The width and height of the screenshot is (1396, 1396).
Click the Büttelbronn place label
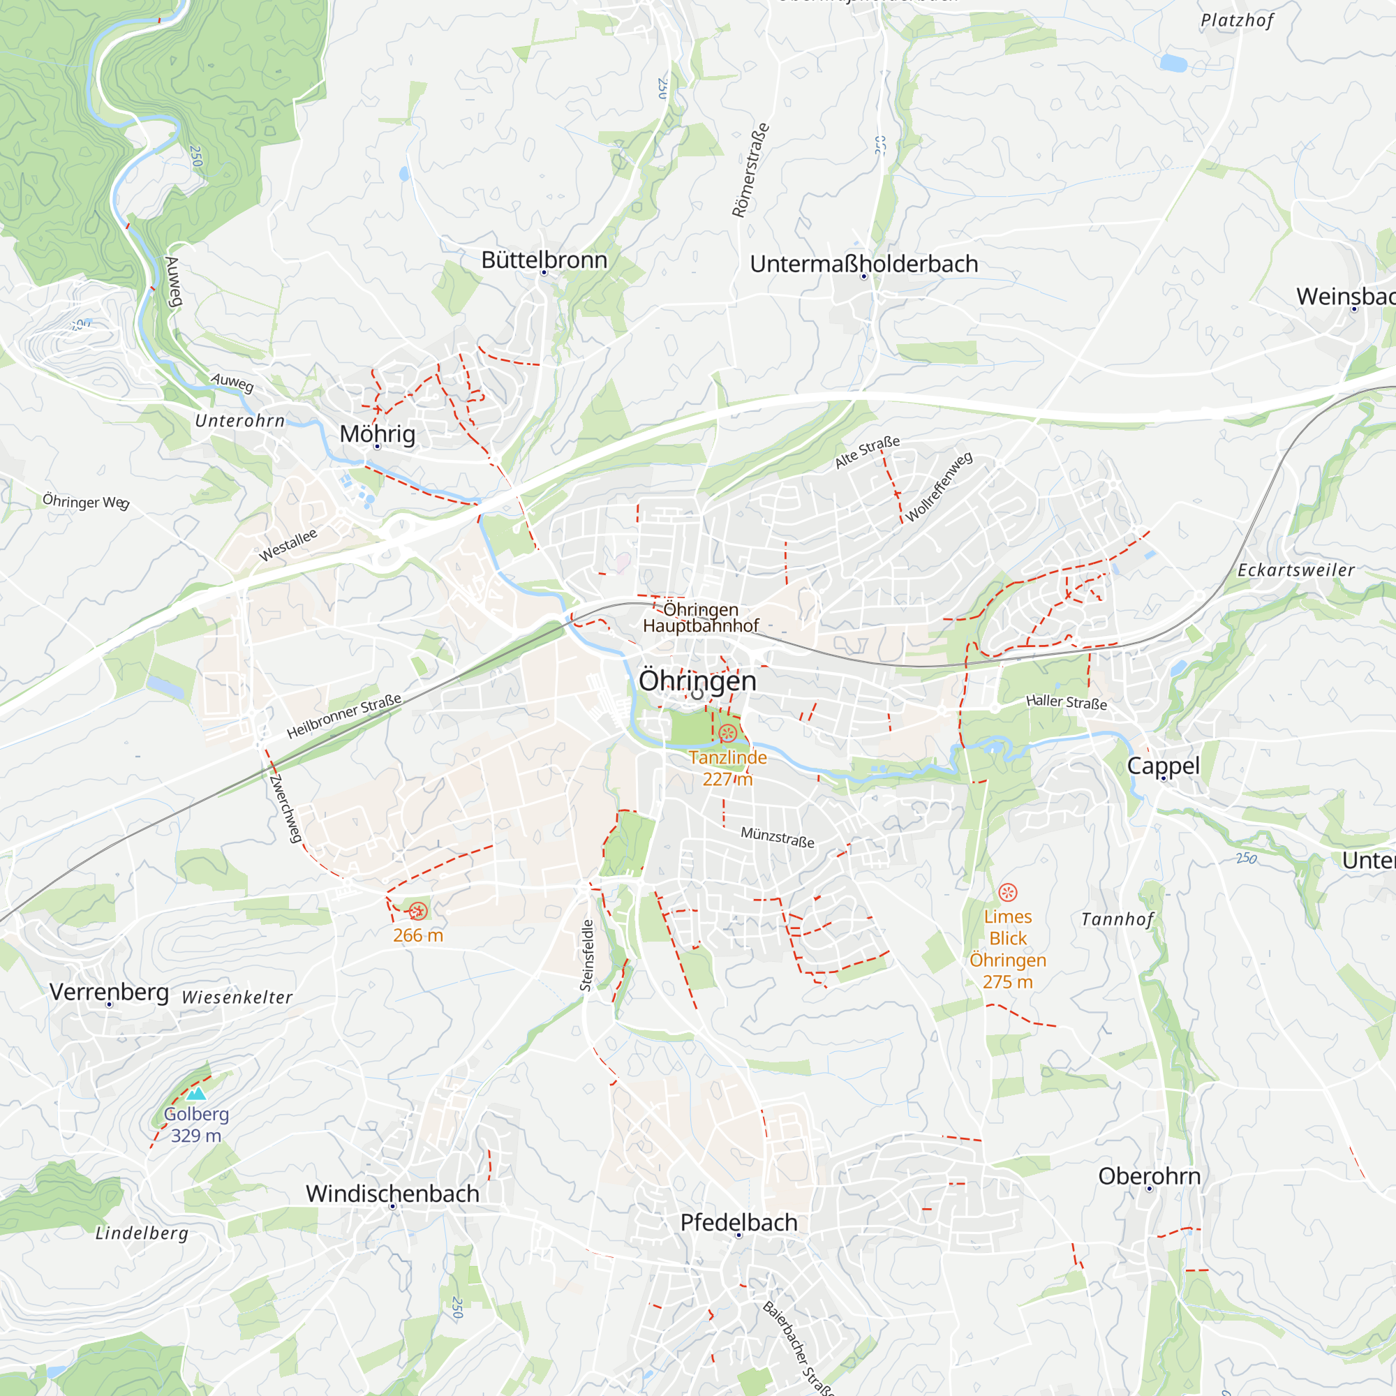tap(544, 260)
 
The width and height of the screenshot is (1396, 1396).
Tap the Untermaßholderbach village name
tap(863, 264)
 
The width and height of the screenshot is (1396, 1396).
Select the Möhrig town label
tap(377, 433)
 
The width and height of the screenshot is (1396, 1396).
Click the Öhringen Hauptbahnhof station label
tap(700, 617)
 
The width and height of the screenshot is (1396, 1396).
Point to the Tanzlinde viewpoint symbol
tap(727, 734)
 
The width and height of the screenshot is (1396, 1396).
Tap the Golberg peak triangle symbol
tap(196, 1094)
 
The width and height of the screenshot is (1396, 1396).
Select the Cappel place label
tap(1163, 765)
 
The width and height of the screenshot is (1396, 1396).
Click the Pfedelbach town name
tap(738, 1222)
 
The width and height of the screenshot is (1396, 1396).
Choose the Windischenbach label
tap(392, 1193)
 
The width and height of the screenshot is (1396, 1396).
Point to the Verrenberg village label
tap(109, 991)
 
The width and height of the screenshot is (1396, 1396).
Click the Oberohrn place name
tap(1149, 1175)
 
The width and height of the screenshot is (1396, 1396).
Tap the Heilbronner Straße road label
tap(344, 716)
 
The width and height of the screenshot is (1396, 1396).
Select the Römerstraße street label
tap(750, 170)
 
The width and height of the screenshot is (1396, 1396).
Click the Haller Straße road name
tap(1066, 701)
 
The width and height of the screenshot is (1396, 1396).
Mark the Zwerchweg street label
tap(285, 808)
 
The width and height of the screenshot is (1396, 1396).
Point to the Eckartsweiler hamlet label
tap(1295, 570)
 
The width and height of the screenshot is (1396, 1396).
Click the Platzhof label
tap(1236, 20)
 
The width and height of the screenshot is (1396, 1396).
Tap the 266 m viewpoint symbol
tap(417, 911)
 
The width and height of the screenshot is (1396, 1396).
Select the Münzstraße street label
tap(777, 837)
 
